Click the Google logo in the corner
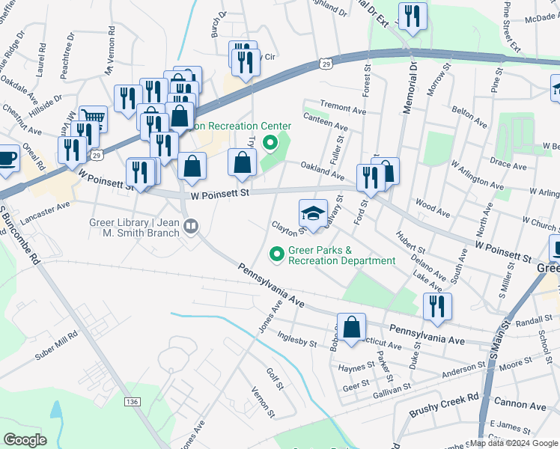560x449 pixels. click(x=24, y=440)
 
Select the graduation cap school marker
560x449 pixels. click(x=314, y=213)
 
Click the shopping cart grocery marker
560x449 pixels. click(x=93, y=117)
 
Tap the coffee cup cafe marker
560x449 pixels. click(x=7, y=159)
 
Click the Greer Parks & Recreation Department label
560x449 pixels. click(x=341, y=255)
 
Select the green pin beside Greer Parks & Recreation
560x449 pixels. click(x=276, y=255)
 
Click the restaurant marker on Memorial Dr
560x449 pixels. click(x=413, y=16)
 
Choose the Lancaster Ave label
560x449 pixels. click(x=48, y=209)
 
